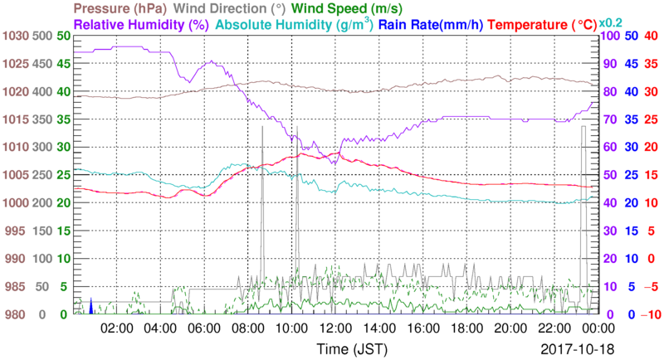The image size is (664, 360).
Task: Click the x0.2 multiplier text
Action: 612,22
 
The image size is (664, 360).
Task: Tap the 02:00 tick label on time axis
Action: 116,328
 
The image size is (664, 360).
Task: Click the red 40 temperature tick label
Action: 651,36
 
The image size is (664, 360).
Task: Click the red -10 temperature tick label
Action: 648,314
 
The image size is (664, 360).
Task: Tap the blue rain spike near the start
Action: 90,307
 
